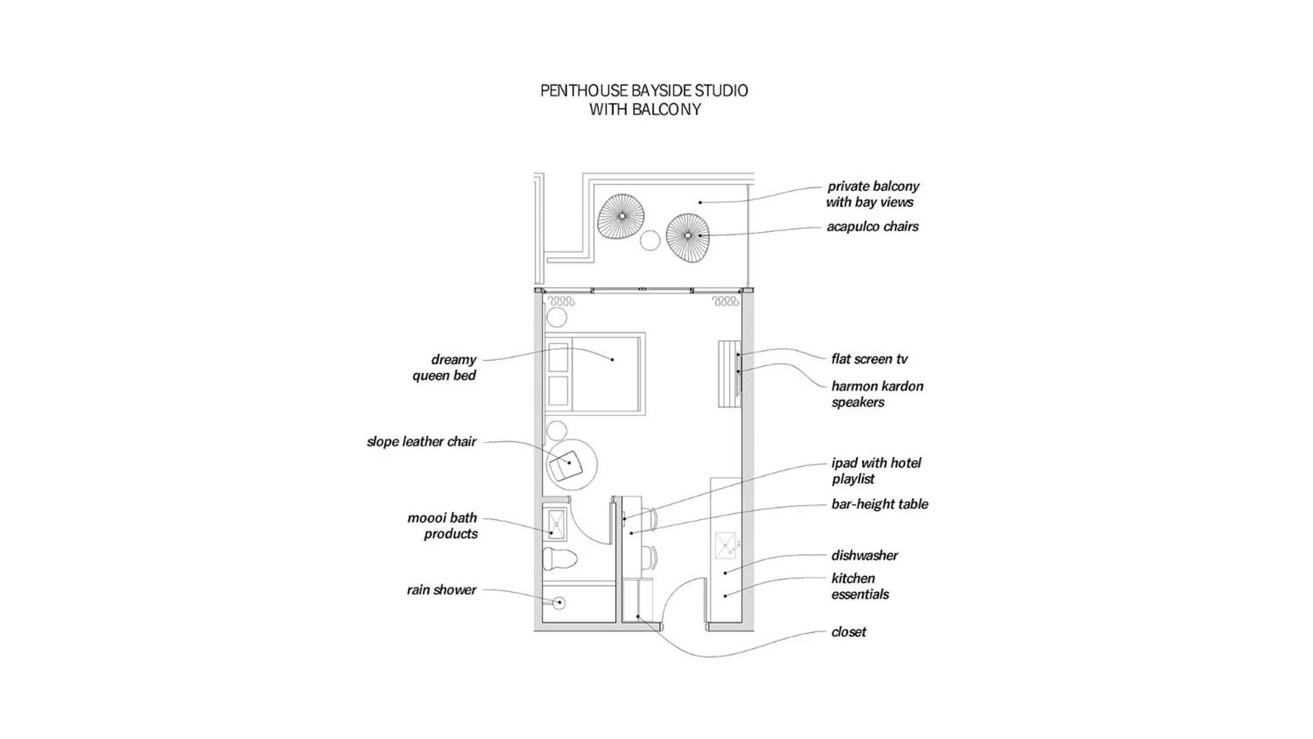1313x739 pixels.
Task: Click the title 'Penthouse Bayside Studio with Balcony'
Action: point(644,100)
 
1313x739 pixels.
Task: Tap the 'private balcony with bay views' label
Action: point(872,194)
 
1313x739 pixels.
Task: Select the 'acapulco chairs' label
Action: point(872,226)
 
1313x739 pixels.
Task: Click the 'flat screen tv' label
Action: point(869,359)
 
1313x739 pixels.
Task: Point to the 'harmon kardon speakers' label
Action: point(876,394)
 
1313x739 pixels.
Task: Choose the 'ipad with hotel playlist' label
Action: point(876,471)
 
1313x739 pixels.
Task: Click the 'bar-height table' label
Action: point(879,504)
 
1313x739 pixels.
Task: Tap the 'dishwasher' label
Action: point(864,556)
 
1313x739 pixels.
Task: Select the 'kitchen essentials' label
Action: point(859,586)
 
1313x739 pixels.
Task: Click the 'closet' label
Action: point(848,632)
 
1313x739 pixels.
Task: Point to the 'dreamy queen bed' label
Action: point(444,367)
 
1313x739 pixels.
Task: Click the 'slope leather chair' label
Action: point(421,442)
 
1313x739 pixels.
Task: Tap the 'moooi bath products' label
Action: point(443,526)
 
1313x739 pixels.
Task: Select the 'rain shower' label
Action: point(441,590)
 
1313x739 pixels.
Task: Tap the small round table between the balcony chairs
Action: point(649,240)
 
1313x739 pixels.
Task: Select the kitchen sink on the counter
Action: point(727,545)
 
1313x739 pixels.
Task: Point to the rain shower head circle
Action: point(559,603)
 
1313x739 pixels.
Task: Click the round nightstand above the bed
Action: point(556,317)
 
